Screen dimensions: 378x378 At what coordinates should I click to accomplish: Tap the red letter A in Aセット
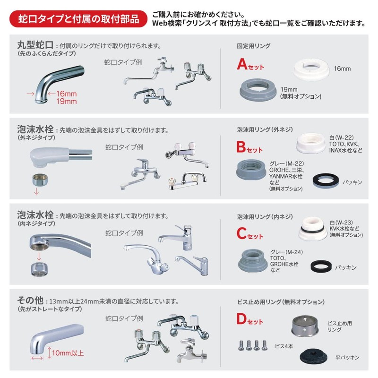[x=242, y=65]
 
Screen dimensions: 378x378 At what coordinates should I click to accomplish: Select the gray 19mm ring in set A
[x=258, y=88]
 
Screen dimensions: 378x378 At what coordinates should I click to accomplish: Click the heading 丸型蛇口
[x=34, y=46]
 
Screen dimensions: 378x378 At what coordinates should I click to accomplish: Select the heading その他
[x=30, y=301]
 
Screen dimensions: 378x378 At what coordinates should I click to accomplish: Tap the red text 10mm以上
[x=69, y=352]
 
